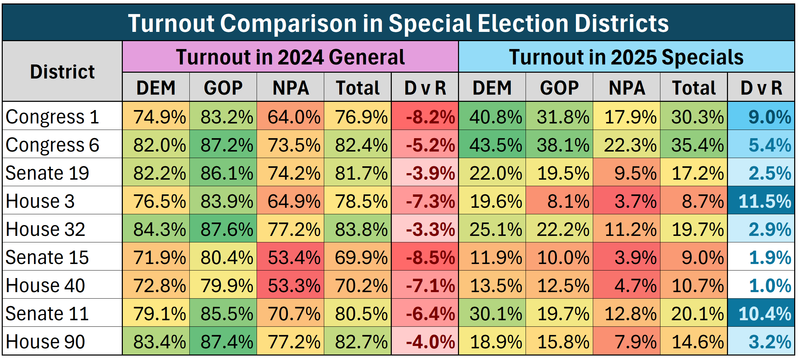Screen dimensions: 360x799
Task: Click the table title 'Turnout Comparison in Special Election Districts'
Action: pyautogui.click(x=398, y=23)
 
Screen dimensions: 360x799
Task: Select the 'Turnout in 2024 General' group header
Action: pyautogui.click(x=290, y=57)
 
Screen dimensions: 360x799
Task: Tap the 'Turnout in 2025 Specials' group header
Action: pyautogui.click(x=626, y=57)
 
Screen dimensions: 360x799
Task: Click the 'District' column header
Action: pyautogui.click(x=62, y=72)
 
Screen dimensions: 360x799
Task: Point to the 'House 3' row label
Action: pyautogui.click(x=40, y=201)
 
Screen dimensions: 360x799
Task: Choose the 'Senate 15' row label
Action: pyautogui.click(x=47, y=257)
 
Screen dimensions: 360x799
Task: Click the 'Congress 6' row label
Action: pyautogui.click(x=52, y=145)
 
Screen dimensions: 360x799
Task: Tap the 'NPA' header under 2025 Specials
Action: pyautogui.click(x=627, y=88)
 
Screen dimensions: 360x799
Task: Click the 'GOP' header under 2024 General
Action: pyautogui.click(x=223, y=88)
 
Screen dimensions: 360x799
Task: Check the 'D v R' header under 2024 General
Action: pyautogui.click(x=425, y=88)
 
